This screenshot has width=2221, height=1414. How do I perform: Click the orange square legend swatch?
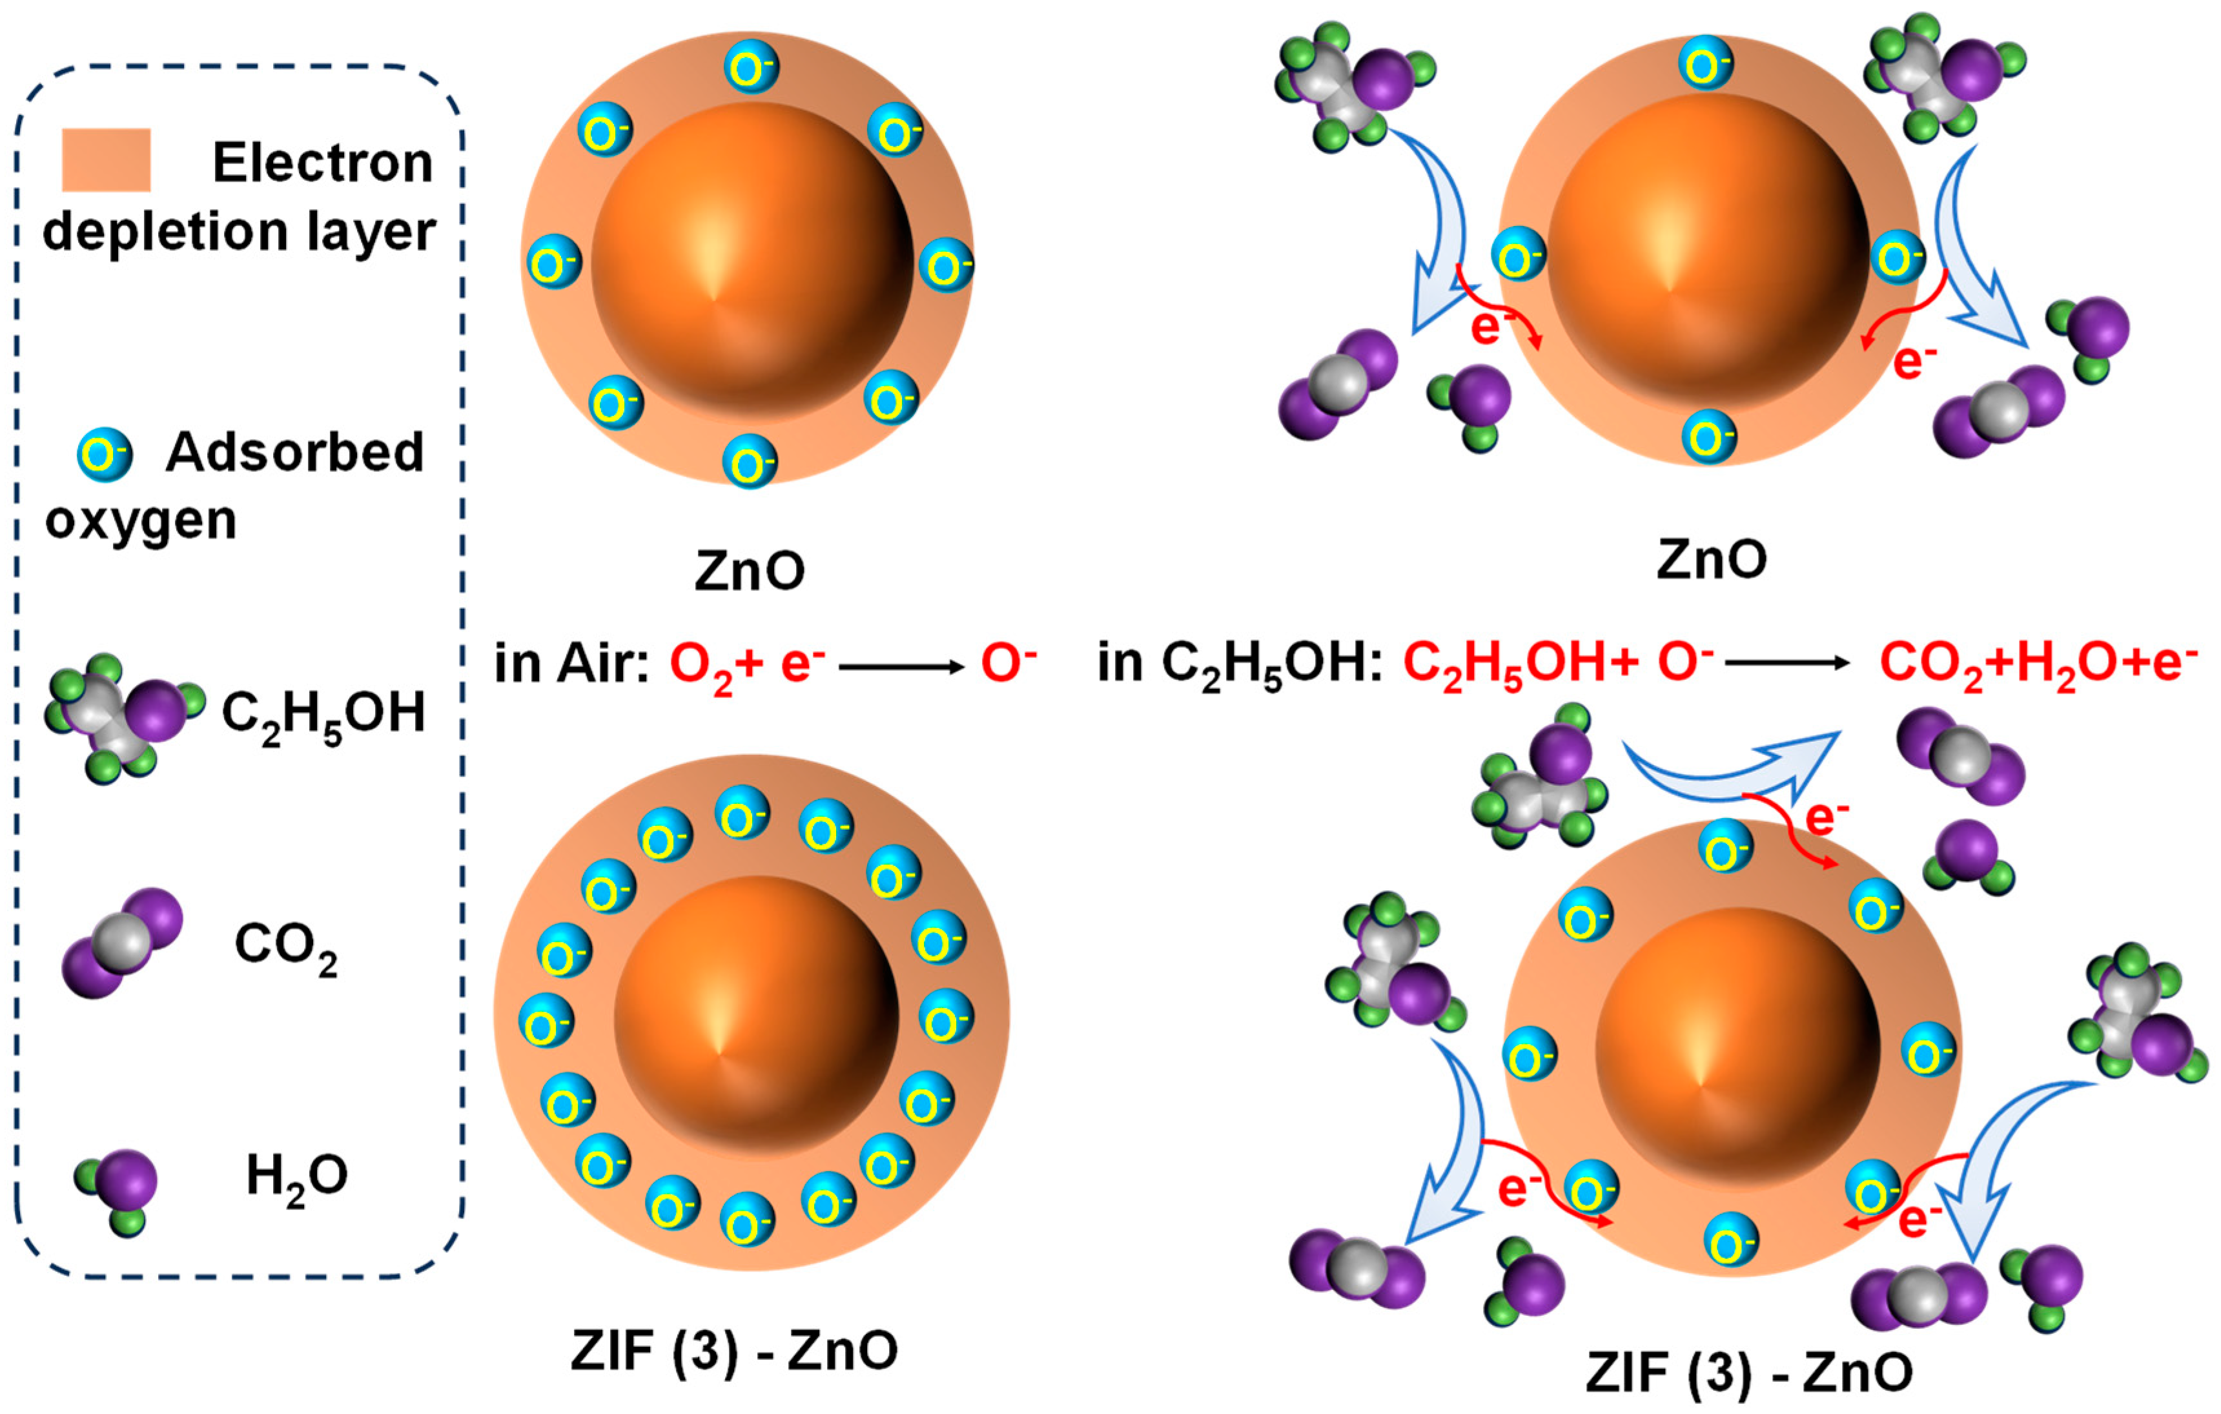point(106,159)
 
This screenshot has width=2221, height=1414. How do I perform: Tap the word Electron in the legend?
point(322,163)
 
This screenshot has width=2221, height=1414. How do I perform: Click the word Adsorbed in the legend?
point(294,452)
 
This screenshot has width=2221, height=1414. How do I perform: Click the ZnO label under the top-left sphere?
point(749,571)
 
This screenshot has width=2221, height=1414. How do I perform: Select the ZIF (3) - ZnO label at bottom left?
point(734,1350)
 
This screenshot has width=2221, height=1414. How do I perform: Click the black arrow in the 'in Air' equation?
point(901,666)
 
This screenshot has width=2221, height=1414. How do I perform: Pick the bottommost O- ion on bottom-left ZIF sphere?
point(746,1220)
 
